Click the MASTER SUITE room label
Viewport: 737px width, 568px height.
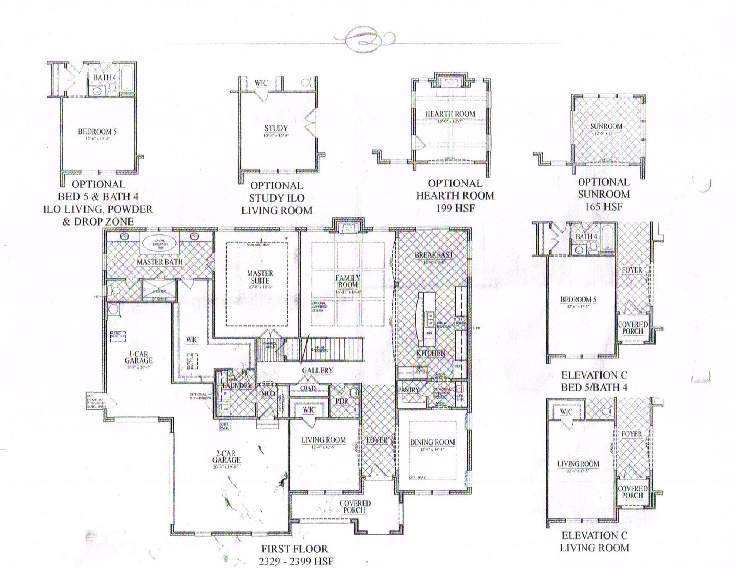pyautogui.click(x=260, y=277)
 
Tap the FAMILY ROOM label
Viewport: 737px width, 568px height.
pyautogui.click(x=348, y=281)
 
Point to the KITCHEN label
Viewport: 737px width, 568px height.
pyautogui.click(x=431, y=353)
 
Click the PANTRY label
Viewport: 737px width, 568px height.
pyautogui.click(x=409, y=390)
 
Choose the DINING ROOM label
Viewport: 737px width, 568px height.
pyautogui.click(x=432, y=442)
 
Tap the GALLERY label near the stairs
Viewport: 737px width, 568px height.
pyautogui.click(x=317, y=371)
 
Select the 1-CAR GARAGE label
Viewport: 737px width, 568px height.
pyautogui.click(x=138, y=357)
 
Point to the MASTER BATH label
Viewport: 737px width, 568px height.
pyautogui.click(x=160, y=262)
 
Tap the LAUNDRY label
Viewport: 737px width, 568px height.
pyautogui.click(x=237, y=386)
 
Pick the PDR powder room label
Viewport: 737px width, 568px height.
pyautogui.click(x=342, y=401)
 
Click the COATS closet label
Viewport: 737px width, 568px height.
pyautogui.click(x=308, y=388)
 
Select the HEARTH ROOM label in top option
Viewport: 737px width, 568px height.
pyautogui.click(x=450, y=114)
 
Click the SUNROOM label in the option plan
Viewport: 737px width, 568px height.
pyautogui.click(x=606, y=126)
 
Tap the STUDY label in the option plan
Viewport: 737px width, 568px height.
pyautogui.click(x=276, y=128)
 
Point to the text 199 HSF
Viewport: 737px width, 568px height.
pyautogui.click(x=455, y=208)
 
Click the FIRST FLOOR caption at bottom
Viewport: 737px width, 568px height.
pyautogui.click(x=295, y=549)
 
